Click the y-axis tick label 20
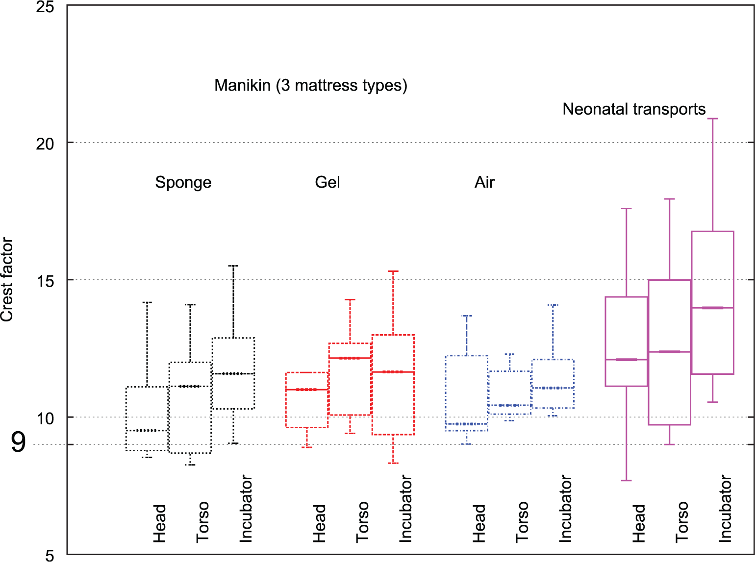[45, 144]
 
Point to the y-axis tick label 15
[45, 282]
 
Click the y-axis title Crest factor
[7, 279]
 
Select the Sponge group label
[183, 183]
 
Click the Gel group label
[327, 182]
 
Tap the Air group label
[484, 182]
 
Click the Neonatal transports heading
[634, 109]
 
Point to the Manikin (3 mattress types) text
[311, 85]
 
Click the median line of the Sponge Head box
[147, 431]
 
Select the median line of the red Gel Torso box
[350, 358]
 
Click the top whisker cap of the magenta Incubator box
[712, 119]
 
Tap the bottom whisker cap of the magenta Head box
[627, 480]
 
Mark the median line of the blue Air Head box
[467, 424]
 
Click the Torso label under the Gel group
[362, 522]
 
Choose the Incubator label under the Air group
[565, 509]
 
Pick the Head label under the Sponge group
[159, 524]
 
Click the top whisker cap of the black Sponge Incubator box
[233, 266]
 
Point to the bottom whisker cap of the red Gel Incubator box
[393, 463]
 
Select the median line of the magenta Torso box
[670, 352]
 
